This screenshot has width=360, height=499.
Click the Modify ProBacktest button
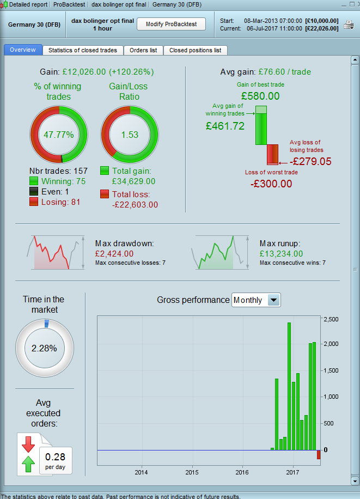pos(170,24)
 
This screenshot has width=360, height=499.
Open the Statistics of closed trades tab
pos(83,50)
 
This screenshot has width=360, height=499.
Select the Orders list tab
pos(143,50)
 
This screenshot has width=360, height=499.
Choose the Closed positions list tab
pos(195,50)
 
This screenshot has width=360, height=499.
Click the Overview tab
pos(23,50)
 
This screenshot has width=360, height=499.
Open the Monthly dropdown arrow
pos(274,300)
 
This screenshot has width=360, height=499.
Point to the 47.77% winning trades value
pos(58,135)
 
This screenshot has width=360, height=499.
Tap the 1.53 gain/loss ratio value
pos(130,135)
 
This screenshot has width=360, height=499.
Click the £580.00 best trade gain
pos(260,96)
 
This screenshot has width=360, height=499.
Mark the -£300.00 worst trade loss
pos(271,184)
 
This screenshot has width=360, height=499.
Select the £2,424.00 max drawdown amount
pos(114,253)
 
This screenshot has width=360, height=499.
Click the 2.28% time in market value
pos(45,348)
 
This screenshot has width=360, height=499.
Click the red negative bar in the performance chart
pos(319,454)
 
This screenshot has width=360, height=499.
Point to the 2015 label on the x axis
pos(192,471)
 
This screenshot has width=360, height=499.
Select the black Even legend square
pos(34,192)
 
